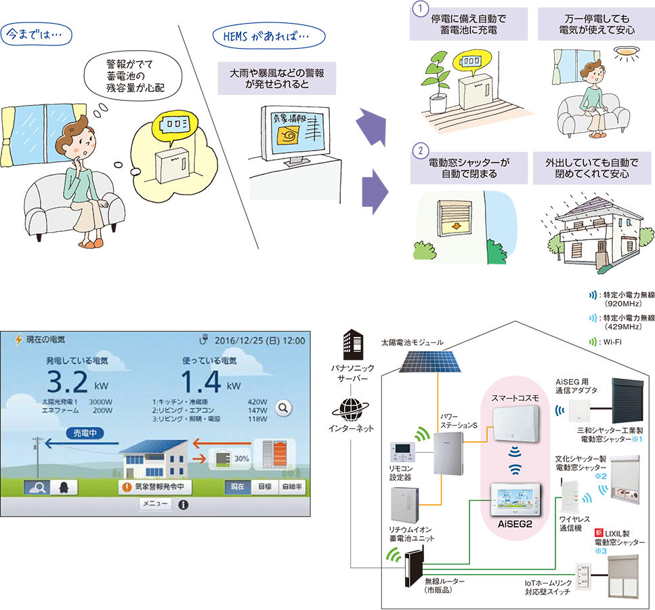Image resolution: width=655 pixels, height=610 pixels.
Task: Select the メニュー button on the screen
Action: (x=155, y=504)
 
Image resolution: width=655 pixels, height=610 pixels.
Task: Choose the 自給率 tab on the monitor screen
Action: (x=291, y=487)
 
